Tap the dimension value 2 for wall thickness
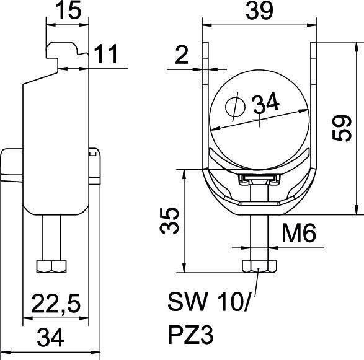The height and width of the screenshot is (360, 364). coord(180,57)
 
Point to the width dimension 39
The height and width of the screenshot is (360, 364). coord(260,12)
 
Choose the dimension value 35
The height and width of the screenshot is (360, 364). coord(171,220)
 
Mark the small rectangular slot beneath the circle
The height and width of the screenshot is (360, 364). coord(259,180)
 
